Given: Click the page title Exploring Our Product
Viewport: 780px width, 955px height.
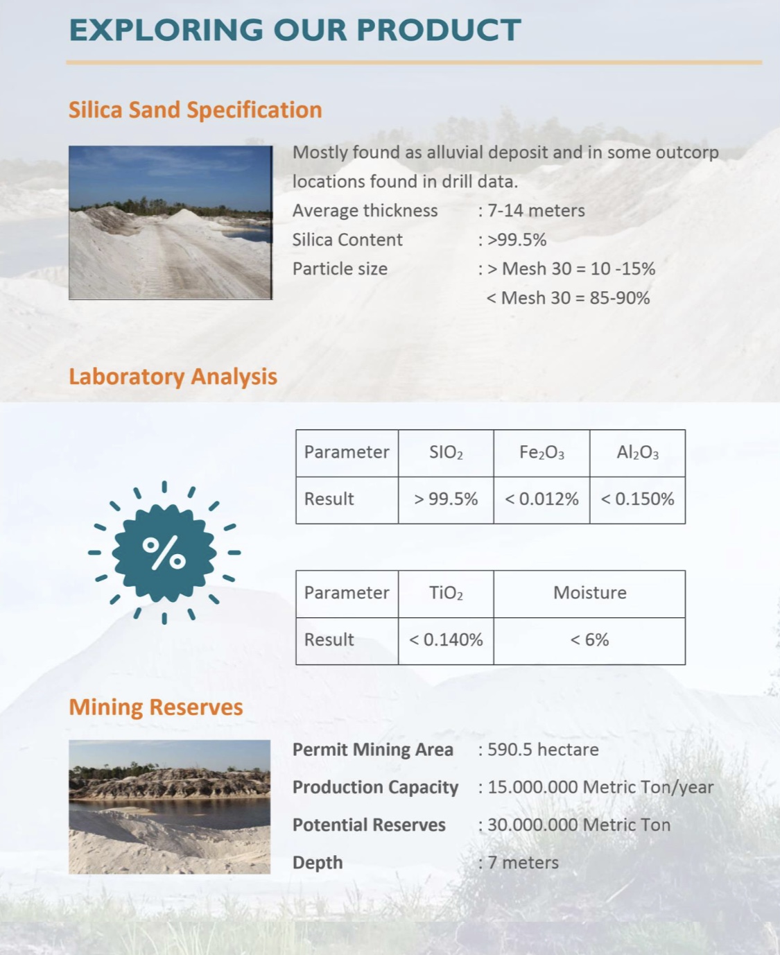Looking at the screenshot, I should pyautogui.click(x=295, y=30).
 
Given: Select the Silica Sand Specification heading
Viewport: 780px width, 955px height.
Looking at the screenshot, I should pyautogui.click(x=195, y=110).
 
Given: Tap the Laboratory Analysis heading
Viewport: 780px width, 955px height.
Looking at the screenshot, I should pyautogui.click(x=173, y=376).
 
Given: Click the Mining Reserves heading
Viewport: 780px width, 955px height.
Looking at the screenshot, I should pyautogui.click(x=156, y=707).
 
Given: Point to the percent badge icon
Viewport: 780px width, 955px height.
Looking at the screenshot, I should pyautogui.click(x=164, y=553).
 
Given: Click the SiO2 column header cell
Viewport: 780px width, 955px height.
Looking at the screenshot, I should pyautogui.click(x=446, y=453).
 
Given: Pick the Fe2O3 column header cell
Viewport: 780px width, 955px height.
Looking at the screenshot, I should pyautogui.click(x=541, y=453).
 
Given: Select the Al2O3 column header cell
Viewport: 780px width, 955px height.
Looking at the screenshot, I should pyautogui.click(x=637, y=453).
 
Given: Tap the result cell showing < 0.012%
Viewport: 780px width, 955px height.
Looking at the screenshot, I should pyautogui.click(x=541, y=499).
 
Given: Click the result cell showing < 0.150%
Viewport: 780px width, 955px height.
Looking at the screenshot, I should pyautogui.click(x=637, y=499).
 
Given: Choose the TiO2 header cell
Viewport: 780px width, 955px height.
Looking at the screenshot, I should pyautogui.click(x=446, y=594).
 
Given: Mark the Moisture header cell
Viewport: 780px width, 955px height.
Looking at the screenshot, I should pyautogui.click(x=589, y=594).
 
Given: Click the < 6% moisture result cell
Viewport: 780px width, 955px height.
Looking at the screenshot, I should pyautogui.click(x=589, y=640).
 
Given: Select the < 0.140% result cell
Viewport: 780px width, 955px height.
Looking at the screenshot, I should pyautogui.click(x=446, y=640).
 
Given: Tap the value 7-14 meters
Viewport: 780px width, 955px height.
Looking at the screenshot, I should pyautogui.click(x=536, y=211).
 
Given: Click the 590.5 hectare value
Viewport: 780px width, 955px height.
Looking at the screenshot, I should pyautogui.click(x=543, y=750).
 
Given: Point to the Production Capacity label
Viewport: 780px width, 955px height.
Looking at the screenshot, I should pyautogui.click(x=375, y=787).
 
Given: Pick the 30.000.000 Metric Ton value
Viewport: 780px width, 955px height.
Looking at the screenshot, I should pyautogui.click(x=579, y=825).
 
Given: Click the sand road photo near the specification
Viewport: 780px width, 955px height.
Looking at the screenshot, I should pyautogui.click(x=171, y=223).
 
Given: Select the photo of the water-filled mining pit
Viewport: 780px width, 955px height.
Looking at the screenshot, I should pyautogui.click(x=170, y=807).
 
